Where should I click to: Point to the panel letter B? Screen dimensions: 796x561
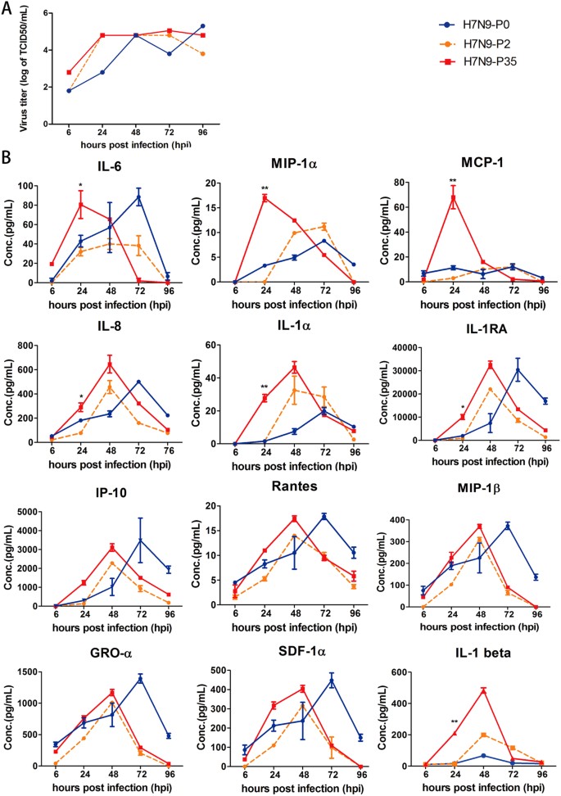7,153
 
